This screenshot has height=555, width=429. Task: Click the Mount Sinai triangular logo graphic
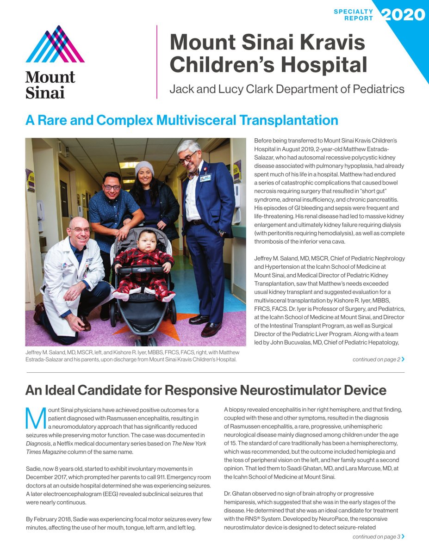point(55,45)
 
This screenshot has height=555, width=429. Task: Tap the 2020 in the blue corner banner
point(403,15)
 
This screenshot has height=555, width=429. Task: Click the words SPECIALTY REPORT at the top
point(354,15)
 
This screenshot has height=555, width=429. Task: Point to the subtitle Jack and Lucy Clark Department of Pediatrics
point(287,89)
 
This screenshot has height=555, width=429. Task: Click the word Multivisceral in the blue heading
point(195,120)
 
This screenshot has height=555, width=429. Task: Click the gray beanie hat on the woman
point(144,167)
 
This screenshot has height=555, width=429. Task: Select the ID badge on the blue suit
point(205,177)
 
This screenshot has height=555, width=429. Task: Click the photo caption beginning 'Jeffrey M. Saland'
point(131,356)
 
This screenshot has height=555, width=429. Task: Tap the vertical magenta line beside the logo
point(157,62)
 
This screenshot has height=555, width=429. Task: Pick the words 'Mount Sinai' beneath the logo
point(50,85)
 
